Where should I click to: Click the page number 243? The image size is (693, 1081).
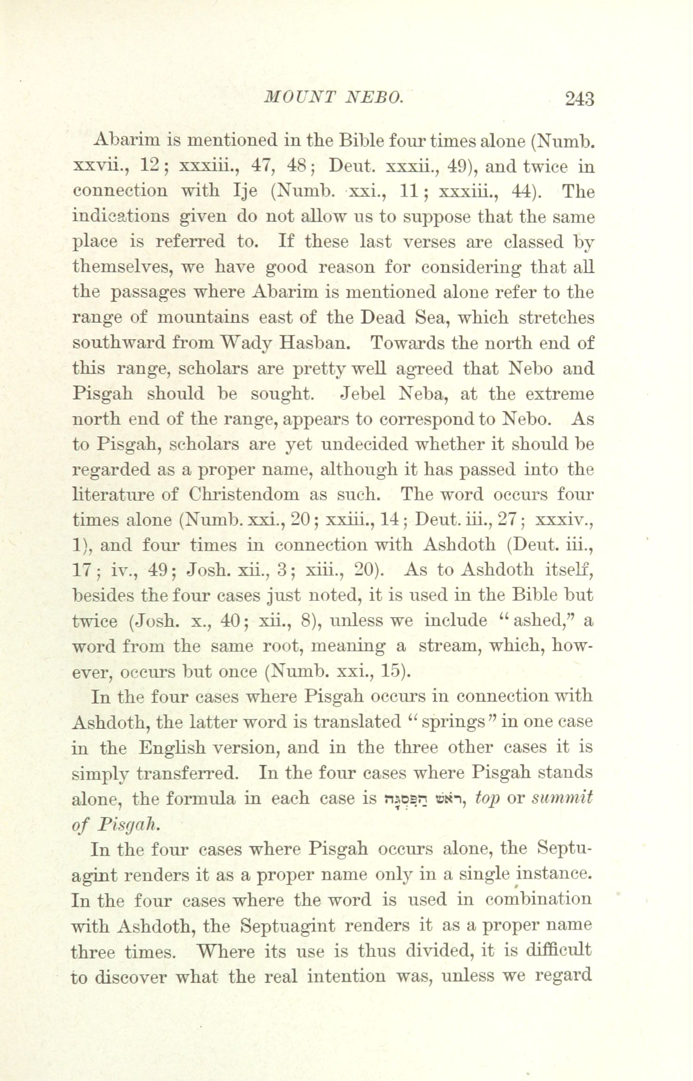(x=580, y=100)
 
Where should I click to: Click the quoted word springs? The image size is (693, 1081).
(x=447, y=722)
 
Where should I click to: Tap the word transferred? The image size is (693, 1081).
(x=191, y=773)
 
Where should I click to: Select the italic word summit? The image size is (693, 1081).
(x=561, y=798)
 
